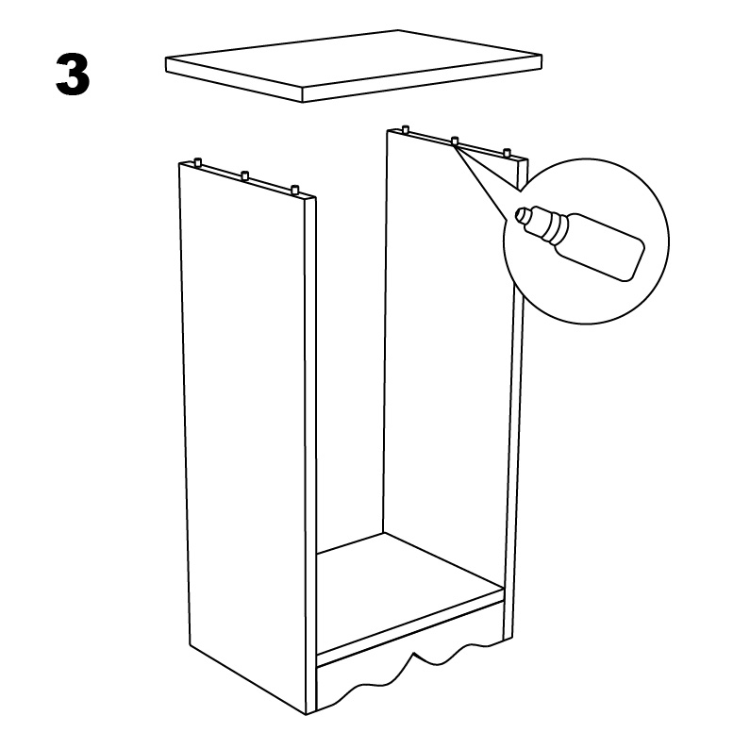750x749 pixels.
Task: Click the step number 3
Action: [73, 75]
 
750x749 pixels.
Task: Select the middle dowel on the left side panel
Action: [245, 175]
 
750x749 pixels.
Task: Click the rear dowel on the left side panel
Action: [198, 161]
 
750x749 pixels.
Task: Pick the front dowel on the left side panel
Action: [295, 189]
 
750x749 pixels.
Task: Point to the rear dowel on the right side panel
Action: [406, 129]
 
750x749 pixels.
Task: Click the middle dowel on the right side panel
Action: [455, 141]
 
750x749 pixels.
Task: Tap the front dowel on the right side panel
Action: [507, 154]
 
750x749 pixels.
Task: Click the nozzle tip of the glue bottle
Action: [521, 214]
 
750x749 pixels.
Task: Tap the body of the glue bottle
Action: [600, 247]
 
